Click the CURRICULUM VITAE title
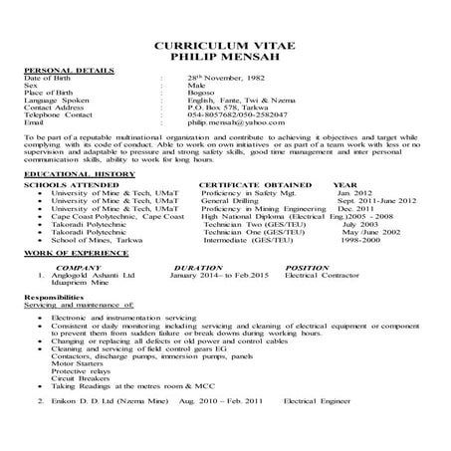coord(225,47)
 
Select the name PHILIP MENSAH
coord(225,59)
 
